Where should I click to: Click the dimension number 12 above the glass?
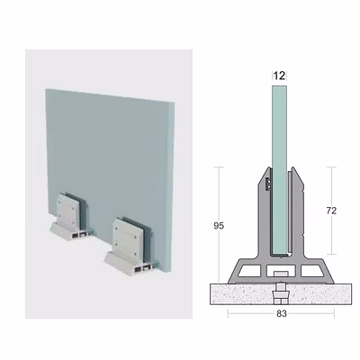coord(279,76)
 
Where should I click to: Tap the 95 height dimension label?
coord(219,226)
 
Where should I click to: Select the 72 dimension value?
coord(331,211)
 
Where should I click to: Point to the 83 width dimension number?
coord(282,314)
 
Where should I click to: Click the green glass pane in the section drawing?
coord(279,170)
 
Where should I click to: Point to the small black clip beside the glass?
coord(268,184)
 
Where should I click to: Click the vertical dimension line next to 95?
coord(220,225)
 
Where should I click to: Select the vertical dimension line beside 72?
coord(331,211)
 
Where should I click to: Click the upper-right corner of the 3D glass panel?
coord(175,102)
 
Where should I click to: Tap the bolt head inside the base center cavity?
coord(280,274)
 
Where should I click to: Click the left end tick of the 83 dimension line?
coord(228,314)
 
